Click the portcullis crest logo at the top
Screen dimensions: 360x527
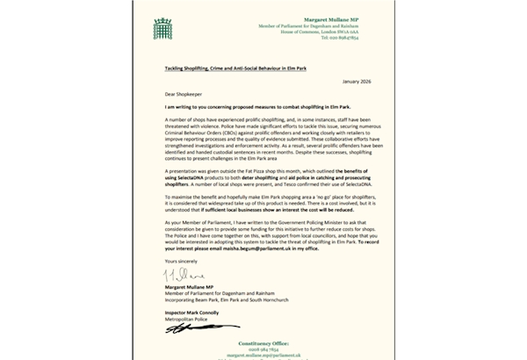[x=162, y=28]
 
